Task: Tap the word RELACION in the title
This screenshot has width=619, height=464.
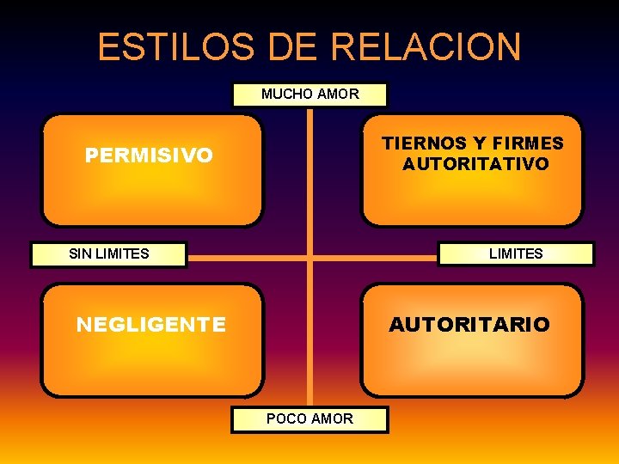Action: pyautogui.click(x=426, y=46)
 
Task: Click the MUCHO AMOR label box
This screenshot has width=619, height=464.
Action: pyautogui.click(x=309, y=94)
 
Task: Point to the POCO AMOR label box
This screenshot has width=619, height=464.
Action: pyautogui.click(x=309, y=418)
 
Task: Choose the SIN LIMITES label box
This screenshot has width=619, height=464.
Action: pyautogui.click(x=108, y=253)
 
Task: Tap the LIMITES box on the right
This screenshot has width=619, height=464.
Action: pyautogui.click(x=516, y=253)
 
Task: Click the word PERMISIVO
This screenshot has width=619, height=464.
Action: pyautogui.click(x=149, y=156)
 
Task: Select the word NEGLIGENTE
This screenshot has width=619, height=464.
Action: pyautogui.click(x=151, y=324)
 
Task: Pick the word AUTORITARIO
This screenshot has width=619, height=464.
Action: pyautogui.click(x=469, y=324)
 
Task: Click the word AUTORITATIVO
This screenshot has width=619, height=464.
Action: pyautogui.click(x=475, y=164)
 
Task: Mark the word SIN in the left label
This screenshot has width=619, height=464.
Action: pyautogui.click(x=80, y=253)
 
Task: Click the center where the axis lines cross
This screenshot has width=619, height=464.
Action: pyautogui.click(x=309, y=257)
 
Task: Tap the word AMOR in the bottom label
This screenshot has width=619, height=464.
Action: pyautogui.click(x=333, y=418)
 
